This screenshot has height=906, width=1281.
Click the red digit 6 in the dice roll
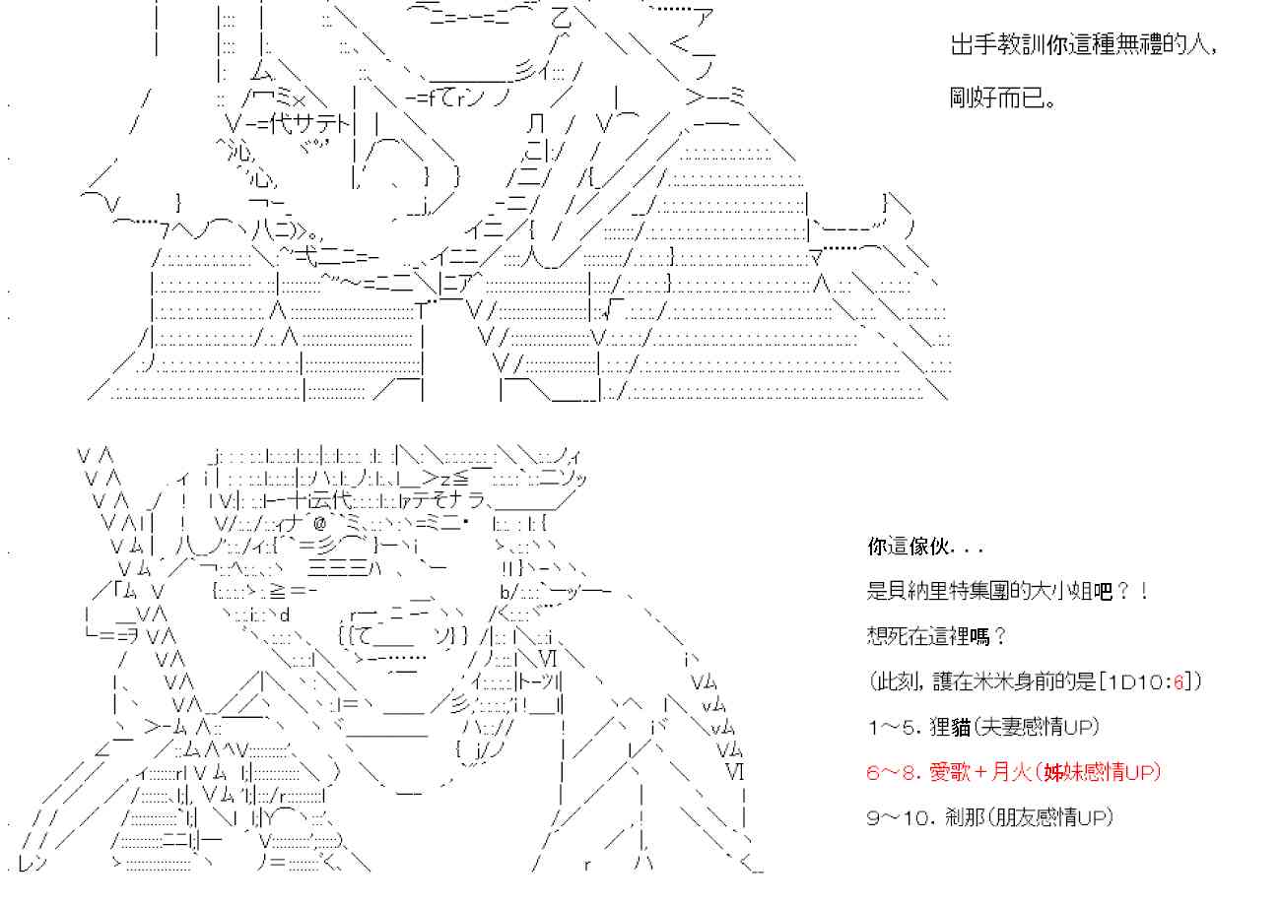pos(1179,681)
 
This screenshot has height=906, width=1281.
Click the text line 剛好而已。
pos(1002,97)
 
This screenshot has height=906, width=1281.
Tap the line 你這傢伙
pos(909,547)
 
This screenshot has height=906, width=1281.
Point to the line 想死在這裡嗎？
pos(936,635)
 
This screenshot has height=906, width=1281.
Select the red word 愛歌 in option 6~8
pos(950,772)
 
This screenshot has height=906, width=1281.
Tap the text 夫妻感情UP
pos(1037,727)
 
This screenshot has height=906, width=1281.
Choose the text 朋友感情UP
pos(1051,817)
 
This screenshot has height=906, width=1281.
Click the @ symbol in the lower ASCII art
pos(319,523)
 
